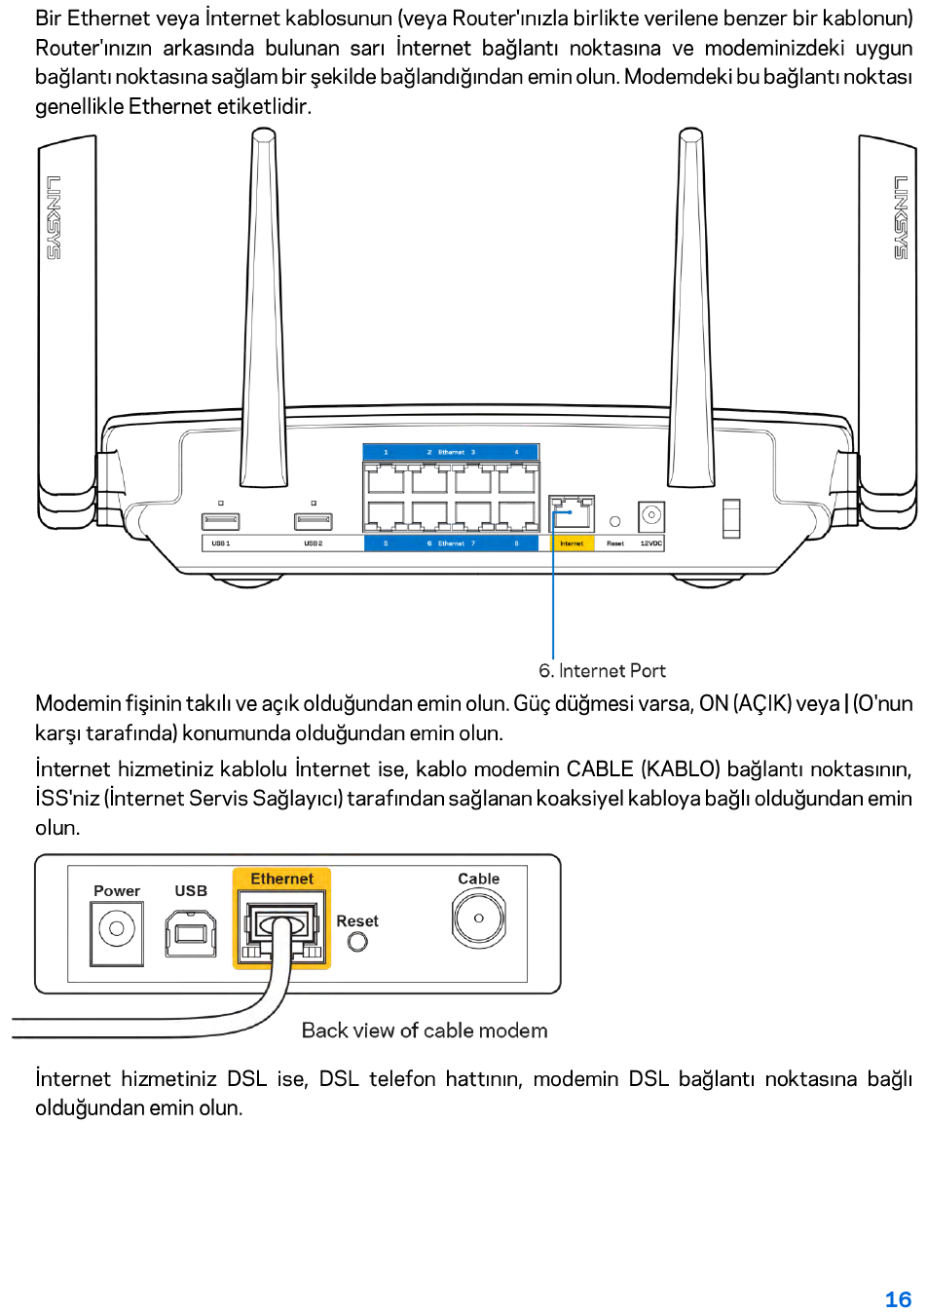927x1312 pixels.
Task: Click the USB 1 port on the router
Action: click(220, 521)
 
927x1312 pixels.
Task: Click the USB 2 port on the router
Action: click(313, 521)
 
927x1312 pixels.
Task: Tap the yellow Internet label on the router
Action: click(572, 544)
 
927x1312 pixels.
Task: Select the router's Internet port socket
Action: click(572, 512)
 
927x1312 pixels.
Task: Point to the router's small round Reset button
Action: click(614, 522)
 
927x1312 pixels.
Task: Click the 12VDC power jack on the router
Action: click(650, 515)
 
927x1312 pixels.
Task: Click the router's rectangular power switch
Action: click(731, 518)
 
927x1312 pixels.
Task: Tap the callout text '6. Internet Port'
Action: click(602, 670)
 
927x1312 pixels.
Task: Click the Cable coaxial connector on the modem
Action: click(478, 918)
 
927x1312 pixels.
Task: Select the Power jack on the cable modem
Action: click(117, 929)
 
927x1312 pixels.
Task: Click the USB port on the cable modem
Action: click(191, 934)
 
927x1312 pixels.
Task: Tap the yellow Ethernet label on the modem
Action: click(281, 879)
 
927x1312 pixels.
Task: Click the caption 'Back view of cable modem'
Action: click(425, 1031)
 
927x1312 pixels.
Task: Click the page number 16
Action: click(898, 1299)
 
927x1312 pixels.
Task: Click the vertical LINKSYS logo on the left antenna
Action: click(55, 217)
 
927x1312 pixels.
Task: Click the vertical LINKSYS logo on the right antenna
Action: click(901, 217)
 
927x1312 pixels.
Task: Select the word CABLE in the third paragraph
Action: click(600, 769)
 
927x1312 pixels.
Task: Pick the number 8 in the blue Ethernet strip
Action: click(516, 544)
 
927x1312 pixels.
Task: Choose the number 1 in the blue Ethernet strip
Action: click(386, 452)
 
